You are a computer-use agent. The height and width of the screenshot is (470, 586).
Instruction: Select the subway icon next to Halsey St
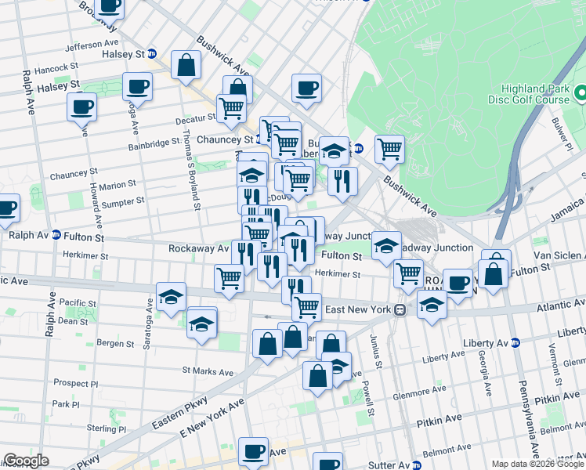click(153, 54)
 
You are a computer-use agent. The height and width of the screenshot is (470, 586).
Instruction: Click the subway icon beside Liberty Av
click(515, 342)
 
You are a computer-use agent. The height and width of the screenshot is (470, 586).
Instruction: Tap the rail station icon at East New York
click(400, 309)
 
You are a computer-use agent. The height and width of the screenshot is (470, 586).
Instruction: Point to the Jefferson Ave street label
click(92, 45)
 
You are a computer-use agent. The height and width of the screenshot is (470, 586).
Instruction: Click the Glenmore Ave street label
click(412, 394)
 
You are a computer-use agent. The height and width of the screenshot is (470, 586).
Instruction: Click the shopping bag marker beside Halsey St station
click(186, 66)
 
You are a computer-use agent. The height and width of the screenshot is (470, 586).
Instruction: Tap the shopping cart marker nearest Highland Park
click(389, 147)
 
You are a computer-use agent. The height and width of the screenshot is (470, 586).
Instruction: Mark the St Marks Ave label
click(208, 370)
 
